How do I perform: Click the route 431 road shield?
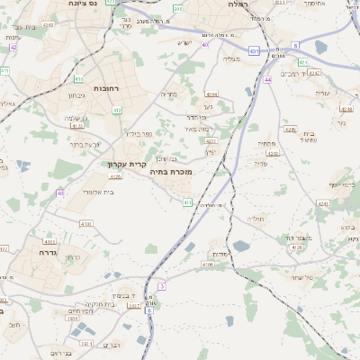point(255,51)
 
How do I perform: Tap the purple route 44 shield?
point(268,81)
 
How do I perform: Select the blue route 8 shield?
point(295,44)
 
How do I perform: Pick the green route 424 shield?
point(303,63)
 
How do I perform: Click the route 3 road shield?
point(162,285)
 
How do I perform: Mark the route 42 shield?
point(13,47)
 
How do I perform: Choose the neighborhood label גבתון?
point(76,95)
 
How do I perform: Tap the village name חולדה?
point(256,219)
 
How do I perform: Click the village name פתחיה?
point(266,144)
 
